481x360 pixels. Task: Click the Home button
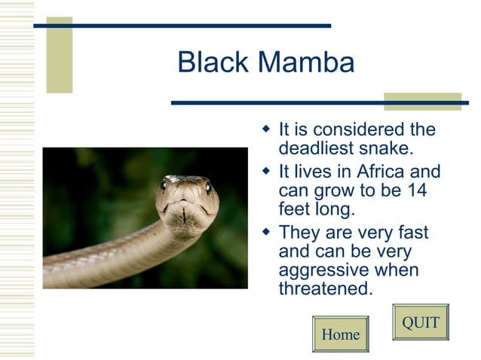(340, 334)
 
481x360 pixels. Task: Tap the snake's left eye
(164, 185)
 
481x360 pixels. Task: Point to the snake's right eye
(208, 188)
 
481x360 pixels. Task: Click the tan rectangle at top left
(60, 55)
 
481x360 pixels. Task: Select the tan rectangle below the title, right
(421, 102)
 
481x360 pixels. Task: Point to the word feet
(295, 209)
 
